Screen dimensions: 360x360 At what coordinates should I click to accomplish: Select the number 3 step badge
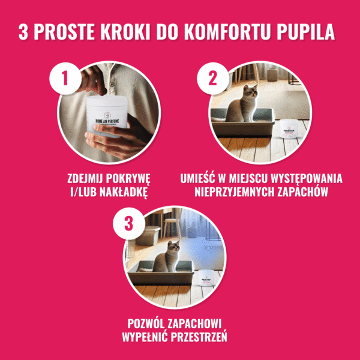127,223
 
